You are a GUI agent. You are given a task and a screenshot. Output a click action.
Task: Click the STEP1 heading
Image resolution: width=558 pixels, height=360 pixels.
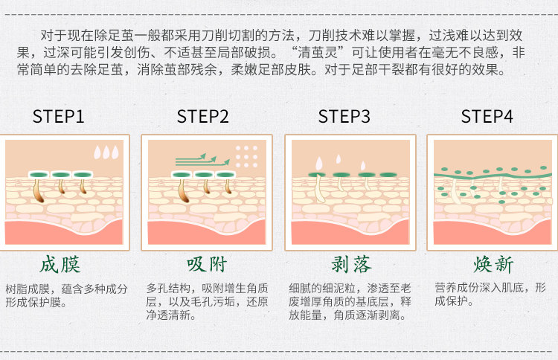click(x=59, y=117)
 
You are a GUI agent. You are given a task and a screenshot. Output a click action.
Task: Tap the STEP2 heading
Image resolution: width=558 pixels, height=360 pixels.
click(x=202, y=117)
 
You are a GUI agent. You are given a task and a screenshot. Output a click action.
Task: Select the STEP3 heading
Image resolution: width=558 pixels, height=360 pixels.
click(x=344, y=117)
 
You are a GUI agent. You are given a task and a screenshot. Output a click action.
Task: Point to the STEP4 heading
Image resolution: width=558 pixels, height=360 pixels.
click(x=487, y=117)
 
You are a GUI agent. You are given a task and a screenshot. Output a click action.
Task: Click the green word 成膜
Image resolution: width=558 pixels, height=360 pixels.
click(x=60, y=265)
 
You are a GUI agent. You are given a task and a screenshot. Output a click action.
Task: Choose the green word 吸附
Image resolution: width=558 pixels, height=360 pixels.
click(x=202, y=265)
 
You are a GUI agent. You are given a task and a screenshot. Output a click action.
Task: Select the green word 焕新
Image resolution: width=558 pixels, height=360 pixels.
click(x=487, y=265)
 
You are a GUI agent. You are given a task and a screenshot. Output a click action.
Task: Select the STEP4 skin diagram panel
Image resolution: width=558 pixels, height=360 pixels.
click(x=492, y=192)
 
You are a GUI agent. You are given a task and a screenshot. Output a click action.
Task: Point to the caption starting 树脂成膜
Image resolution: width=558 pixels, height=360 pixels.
click(x=66, y=295)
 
